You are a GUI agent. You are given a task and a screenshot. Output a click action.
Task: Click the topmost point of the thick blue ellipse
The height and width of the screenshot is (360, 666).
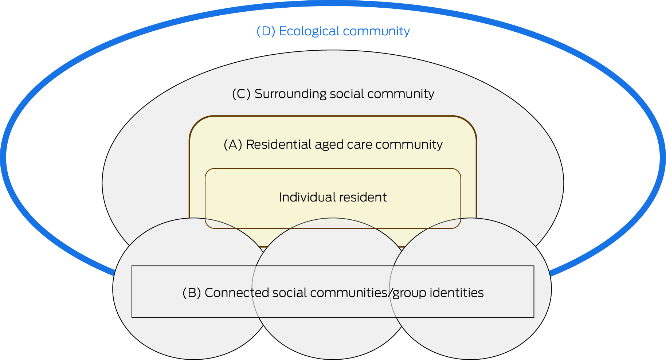(333, 3)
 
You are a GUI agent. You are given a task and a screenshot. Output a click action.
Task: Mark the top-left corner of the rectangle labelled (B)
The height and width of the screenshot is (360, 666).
(132, 266)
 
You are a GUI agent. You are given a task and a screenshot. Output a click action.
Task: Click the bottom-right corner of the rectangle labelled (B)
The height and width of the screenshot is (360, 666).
(534, 317)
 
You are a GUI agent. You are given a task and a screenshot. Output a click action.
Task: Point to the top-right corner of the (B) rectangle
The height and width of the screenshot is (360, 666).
(534, 266)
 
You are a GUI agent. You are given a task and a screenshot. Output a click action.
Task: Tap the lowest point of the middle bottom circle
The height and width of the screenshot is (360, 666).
(333, 360)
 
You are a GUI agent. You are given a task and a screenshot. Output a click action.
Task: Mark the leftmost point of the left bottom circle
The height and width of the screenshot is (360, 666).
(113, 289)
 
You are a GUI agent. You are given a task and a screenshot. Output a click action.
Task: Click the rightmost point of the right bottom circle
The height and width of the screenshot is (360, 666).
(551, 289)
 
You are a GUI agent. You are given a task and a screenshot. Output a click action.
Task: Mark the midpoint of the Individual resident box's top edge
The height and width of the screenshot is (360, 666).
(333, 168)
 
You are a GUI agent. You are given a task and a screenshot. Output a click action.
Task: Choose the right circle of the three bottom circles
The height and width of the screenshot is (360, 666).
(470, 289)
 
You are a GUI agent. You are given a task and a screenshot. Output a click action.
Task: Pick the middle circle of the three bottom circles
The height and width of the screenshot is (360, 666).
(333, 289)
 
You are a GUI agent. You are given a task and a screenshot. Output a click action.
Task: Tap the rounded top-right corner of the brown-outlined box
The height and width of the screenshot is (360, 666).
(469, 123)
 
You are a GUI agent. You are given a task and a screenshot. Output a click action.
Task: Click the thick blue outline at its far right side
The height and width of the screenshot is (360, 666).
(663, 157)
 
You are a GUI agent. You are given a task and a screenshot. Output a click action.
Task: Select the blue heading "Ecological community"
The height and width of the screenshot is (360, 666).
(344, 31)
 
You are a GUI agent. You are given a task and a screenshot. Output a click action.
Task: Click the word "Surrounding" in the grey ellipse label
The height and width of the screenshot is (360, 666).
(290, 94)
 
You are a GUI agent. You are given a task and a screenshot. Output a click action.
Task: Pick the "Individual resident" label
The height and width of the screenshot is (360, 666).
(333, 197)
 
